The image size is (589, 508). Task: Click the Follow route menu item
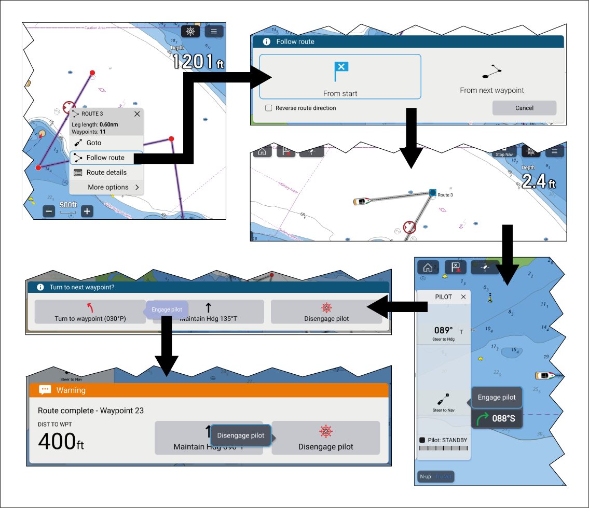pyautogui.click(x=106, y=158)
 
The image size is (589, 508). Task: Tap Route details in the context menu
pyautogui.click(x=106, y=173)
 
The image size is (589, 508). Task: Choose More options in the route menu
pyautogui.click(x=108, y=187)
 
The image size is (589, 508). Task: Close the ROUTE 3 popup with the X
pyautogui.click(x=137, y=114)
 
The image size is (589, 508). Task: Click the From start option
pyautogui.click(x=340, y=77)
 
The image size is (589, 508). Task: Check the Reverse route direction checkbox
pyautogui.click(x=269, y=108)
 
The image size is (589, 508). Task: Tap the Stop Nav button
pyautogui.click(x=504, y=152)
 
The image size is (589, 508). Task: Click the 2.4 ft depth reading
pyautogui.click(x=538, y=181)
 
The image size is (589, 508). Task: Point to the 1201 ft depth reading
pyautogui.click(x=198, y=61)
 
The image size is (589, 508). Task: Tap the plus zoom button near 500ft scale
pyautogui.click(x=87, y=211)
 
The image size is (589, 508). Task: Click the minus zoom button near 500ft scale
pyautogui.click(x=49, y=211)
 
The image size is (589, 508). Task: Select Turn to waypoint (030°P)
pyautogui.click(x=90, y=313)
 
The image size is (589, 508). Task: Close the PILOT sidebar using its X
pyautogui.click(x=463, y=297)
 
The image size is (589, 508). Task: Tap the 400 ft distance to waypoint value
pyautogui.click(x=61, y=442)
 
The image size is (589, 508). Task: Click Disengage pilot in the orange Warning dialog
pyautogui.click(x=325, y=438)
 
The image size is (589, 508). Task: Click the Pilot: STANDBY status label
pyautogui.click(x=446, y=440)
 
